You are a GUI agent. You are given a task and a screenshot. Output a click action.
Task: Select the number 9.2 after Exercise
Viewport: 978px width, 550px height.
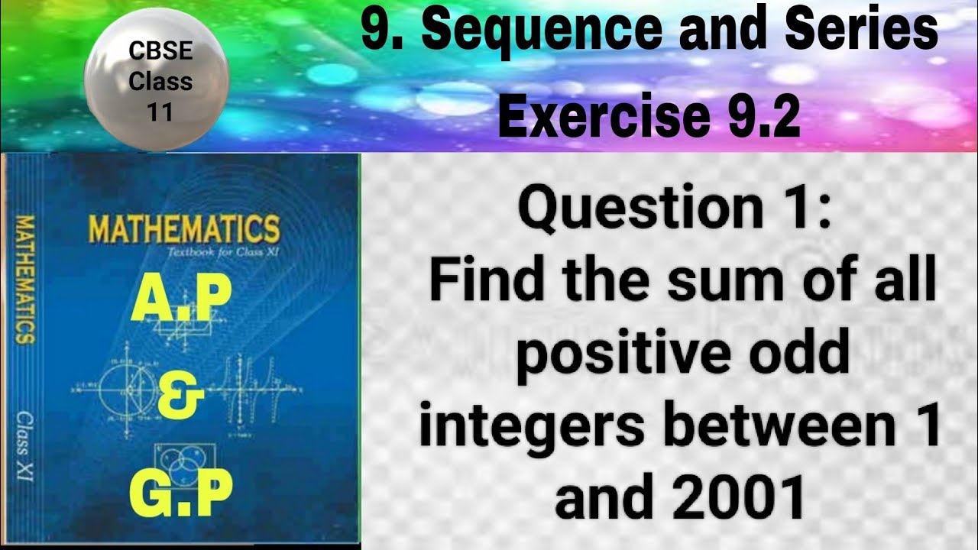point(756,116)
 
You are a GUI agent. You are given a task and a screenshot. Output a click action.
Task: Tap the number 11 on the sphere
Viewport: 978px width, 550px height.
point(160,112)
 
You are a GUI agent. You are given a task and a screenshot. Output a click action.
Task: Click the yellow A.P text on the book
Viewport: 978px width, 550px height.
point(181,301)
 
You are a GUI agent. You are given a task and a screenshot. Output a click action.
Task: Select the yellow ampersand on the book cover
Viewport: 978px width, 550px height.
point(181,399)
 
